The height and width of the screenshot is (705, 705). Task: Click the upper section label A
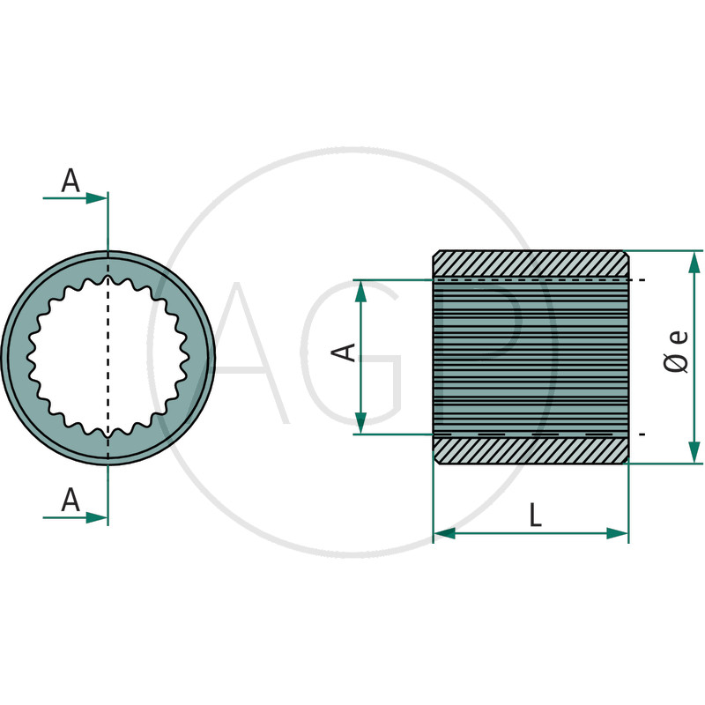point(70,182)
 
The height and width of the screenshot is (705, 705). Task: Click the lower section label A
point(70,501)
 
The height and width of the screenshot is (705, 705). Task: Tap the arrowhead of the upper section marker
point(97,198)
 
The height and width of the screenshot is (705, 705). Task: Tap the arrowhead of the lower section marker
point(97,517)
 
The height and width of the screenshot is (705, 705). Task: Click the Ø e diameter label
point(677,351)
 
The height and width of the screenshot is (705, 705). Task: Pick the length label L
point(535,516)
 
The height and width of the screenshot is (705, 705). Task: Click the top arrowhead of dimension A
point(360,290)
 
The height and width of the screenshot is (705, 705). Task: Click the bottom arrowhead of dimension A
point(360,424)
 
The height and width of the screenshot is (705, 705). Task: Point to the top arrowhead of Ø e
point(694,261)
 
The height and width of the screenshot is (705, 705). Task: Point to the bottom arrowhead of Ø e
point(694,453)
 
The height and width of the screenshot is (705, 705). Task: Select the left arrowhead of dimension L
point(444,533)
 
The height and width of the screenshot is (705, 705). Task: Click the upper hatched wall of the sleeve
point(531,264)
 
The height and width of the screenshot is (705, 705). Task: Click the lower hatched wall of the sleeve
point(531,449)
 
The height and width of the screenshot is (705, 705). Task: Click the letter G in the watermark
point(357,352)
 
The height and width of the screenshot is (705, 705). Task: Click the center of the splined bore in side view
point(531,357)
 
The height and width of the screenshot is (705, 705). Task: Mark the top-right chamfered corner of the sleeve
point(626,254)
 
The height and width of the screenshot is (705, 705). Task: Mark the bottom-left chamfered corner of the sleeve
point(436,460)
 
